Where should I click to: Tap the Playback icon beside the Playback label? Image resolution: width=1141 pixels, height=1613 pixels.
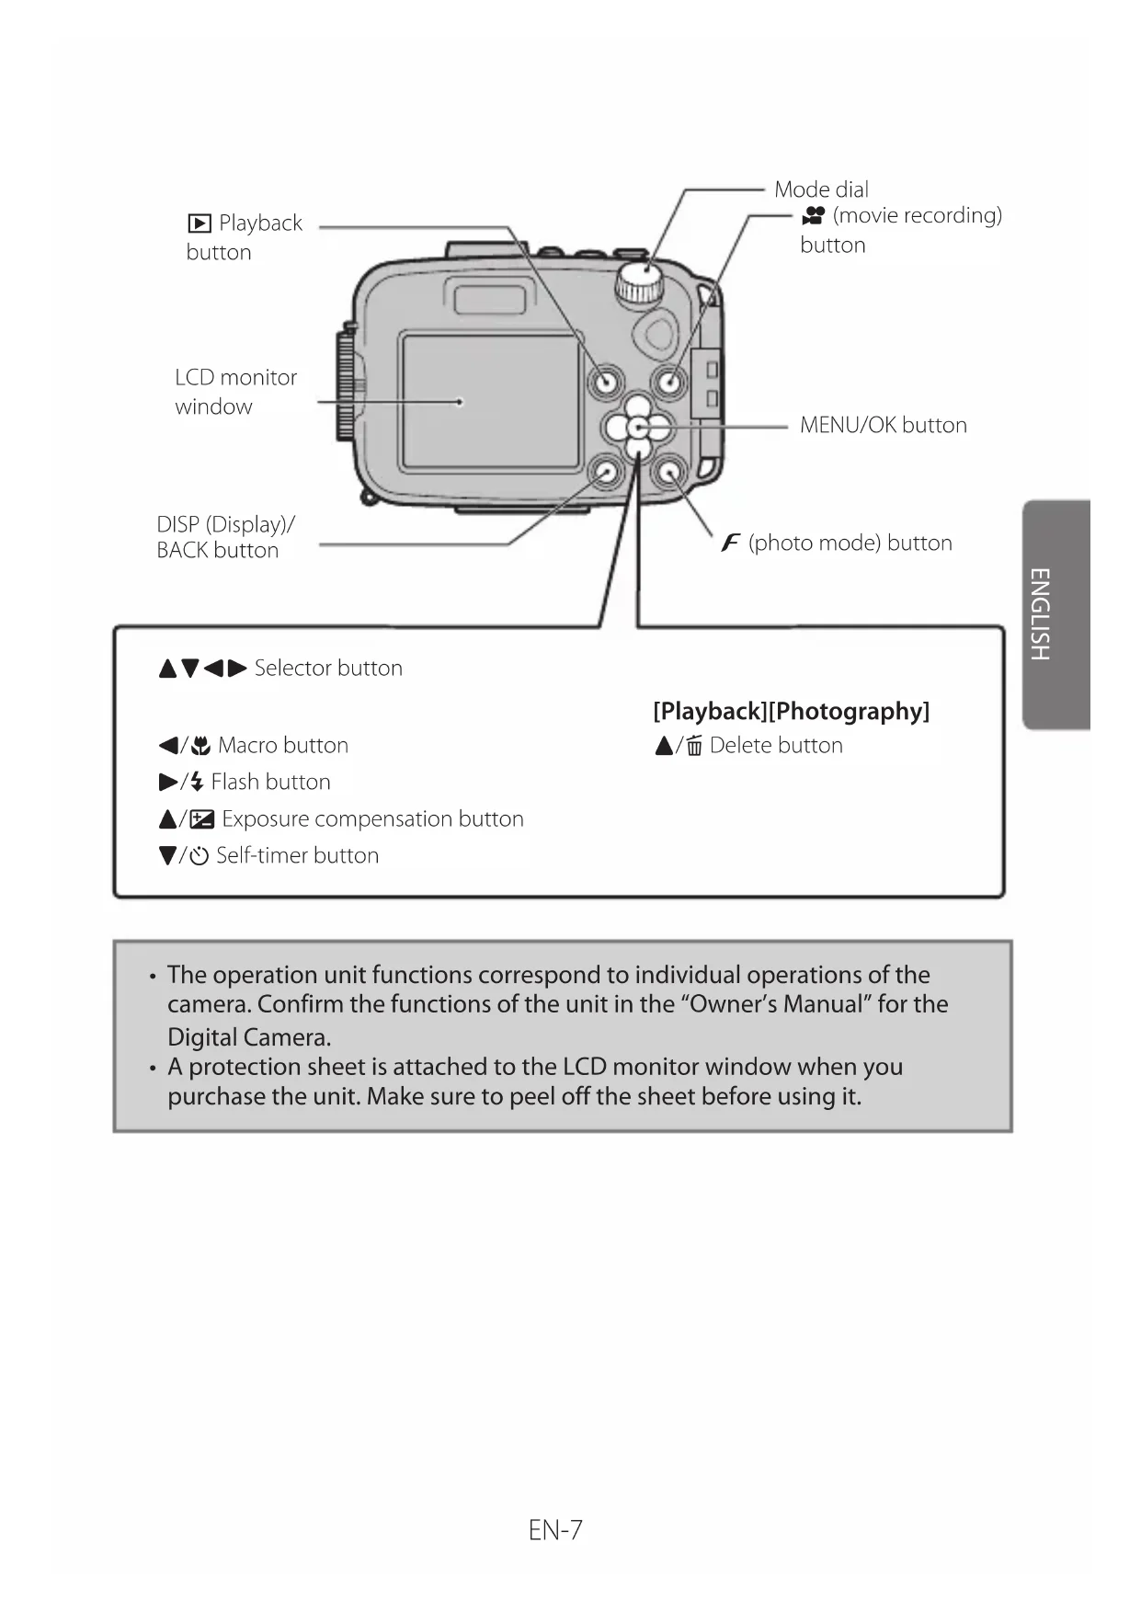(199, 223)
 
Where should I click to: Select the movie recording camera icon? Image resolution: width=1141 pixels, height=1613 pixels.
(814, 216)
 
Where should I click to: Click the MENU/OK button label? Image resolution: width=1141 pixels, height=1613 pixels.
(883, 425)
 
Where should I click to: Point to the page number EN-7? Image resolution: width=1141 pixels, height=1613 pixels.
(555, 1530)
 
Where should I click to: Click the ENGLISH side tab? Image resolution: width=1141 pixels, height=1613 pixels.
(1056, 614)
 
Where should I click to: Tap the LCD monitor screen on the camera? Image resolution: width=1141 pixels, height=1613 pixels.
(490, 401)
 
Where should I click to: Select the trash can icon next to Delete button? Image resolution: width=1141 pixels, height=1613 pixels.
(694, 746)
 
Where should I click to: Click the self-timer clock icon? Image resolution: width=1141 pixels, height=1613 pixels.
(199, 856)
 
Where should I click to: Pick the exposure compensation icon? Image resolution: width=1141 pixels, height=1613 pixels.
(201, 819)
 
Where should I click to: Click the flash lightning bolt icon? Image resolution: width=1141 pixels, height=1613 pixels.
(196, 783)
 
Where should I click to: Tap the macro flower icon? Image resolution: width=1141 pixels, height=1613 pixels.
(200, 746)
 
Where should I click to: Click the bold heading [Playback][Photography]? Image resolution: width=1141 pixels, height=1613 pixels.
(791, 711)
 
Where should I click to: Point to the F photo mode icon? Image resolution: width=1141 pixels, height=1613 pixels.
(731, 543)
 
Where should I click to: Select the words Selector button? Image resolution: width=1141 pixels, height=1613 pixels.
(328, 668)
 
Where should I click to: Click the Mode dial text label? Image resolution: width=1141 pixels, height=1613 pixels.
(821, 189)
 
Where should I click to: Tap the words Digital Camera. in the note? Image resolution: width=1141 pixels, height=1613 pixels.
(249, 1037)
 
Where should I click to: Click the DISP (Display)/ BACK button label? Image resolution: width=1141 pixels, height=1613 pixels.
(225, 537)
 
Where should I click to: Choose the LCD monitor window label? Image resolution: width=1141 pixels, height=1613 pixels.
(235, 392)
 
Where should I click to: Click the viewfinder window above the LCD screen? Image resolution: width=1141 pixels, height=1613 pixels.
(490, 299)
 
